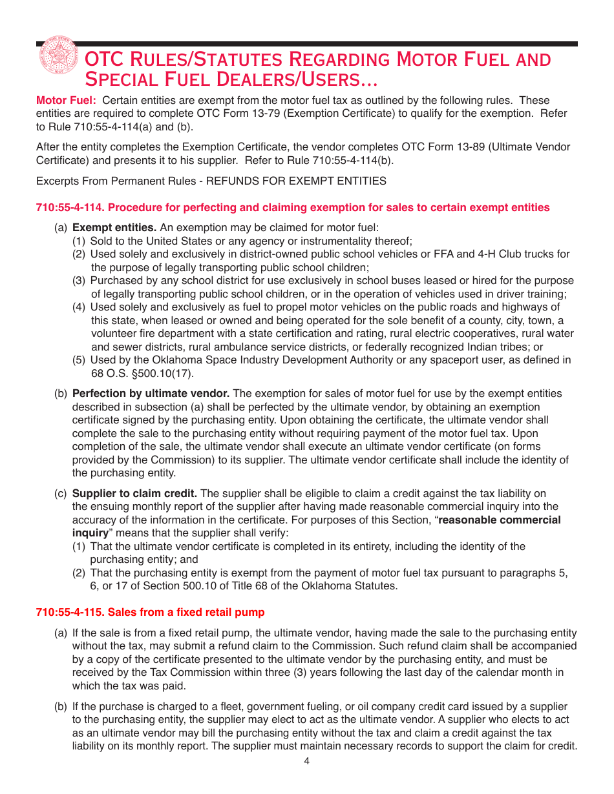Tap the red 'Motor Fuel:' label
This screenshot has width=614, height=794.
66,100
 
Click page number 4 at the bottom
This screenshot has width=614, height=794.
307,761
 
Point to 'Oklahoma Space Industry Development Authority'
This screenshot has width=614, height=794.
259,360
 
